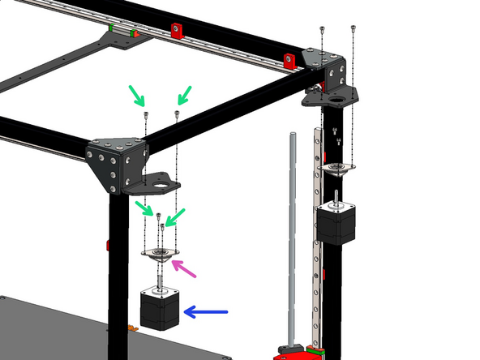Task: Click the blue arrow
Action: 207,311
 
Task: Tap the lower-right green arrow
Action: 174,214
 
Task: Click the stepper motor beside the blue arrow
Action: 160,309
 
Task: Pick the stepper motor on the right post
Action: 336,221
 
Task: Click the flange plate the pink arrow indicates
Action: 161,254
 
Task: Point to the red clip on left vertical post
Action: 108,244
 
